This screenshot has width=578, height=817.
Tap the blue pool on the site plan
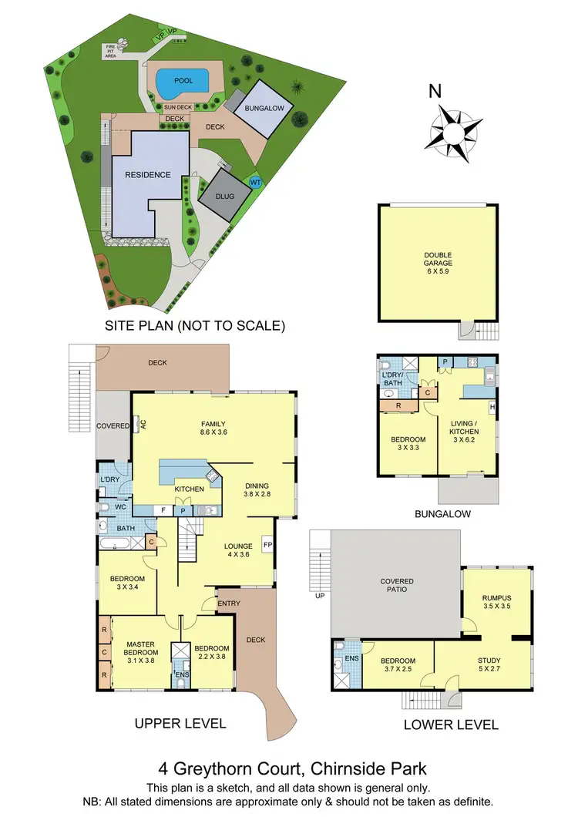point(183,80)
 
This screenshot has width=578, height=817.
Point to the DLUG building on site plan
point(224,197)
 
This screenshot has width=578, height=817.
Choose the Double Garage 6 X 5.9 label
point(437,263)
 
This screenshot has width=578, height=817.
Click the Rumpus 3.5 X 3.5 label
point(497,602)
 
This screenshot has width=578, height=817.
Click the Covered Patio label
point(397,586)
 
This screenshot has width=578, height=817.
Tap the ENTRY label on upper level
point(229,603)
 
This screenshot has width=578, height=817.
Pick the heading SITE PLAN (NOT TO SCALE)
point(195,326)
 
